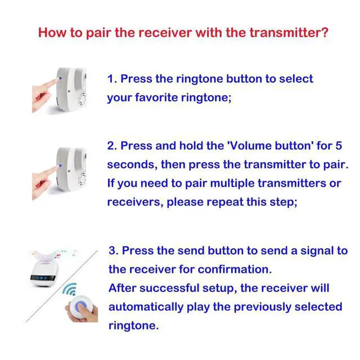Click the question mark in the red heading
coord(325,32)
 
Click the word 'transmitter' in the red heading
coord(285,33)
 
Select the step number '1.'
coord(112,79)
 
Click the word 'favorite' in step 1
coord(156,97)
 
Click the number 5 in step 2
coord(339,146)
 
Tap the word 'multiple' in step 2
coord(232,184)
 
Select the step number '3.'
coord(114,250)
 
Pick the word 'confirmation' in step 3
coord(235,269)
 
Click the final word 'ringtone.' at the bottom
coord(134,326)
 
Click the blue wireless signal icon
coord(70,289)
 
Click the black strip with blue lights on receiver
coord(43,278)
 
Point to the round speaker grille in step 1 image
coord(82,99)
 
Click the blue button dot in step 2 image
coord(60,165)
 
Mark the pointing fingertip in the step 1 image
coord(55,81)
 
